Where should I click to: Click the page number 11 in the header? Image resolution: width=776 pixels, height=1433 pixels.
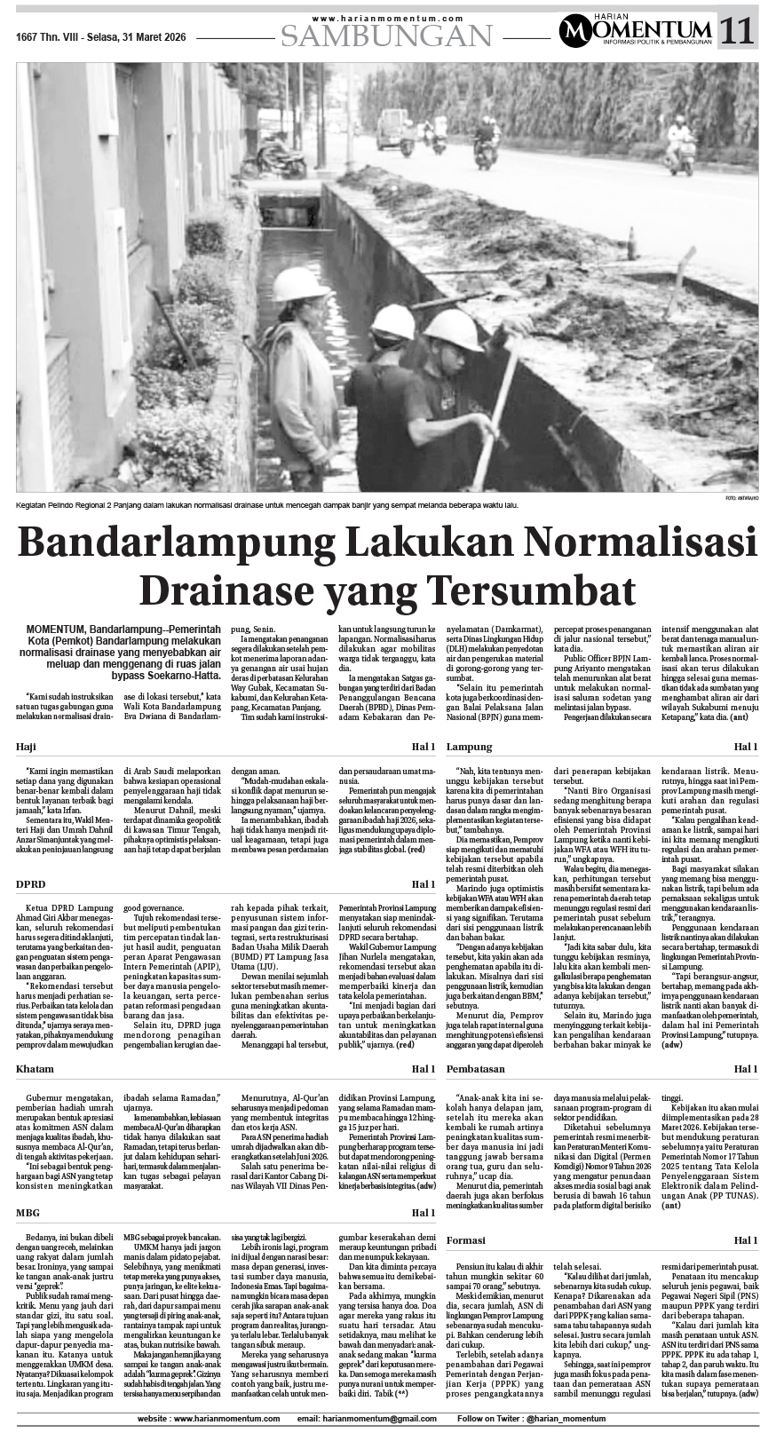(x=738, y=32)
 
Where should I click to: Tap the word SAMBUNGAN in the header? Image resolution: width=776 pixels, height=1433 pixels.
(x=386, y=36)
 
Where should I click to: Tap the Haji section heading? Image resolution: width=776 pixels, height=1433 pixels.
(x=28, y=747)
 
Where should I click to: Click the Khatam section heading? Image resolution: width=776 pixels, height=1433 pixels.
(x=35, y=1069)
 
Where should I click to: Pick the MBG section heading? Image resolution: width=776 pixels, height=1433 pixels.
(x=28, y=1212)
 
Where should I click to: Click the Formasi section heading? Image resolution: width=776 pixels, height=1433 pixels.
(x=466, y=1239)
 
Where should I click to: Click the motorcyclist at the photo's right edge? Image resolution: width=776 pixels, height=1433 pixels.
(x=682, y=145)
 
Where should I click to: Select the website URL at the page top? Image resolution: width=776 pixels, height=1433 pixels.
(x=388, y=19)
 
